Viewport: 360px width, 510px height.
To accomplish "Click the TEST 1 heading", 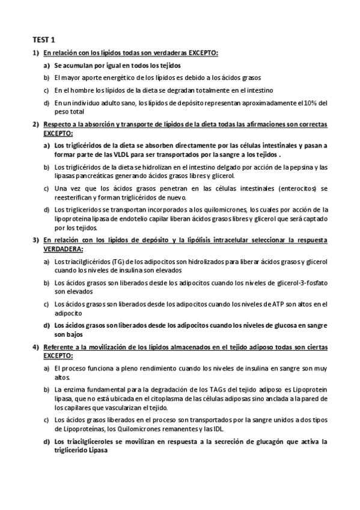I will coord(43,40).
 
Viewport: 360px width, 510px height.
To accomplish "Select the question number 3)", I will coord(35,239).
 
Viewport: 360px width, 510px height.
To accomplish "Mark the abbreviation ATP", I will coord(278,304).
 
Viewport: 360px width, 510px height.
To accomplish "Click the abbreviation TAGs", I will coord(186,390).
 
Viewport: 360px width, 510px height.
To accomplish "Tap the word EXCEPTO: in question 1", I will coord(201,54).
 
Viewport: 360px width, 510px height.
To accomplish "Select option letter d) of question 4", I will coord(46,441).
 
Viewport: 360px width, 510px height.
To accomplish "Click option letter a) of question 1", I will coord(46,65).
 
